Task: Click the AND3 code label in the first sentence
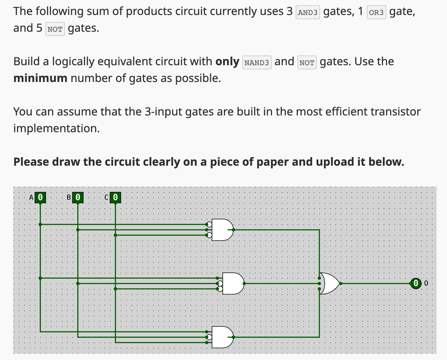(308, 13)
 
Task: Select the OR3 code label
(376, 13)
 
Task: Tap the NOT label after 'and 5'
(55, 29)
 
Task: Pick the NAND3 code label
(257, 63)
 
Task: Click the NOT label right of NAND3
(307, 63)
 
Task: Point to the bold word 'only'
(227, 62)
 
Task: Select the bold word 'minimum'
(40, 78)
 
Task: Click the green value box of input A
(40, 197)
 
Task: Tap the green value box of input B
(78, 197)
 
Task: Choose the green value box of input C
(115, 197)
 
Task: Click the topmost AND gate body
(222, 230)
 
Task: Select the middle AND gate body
(233, 283)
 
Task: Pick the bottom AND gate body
(222, 337)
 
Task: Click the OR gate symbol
(330, 283)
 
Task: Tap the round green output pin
(415, 283)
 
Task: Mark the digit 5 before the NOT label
(39, 28)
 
